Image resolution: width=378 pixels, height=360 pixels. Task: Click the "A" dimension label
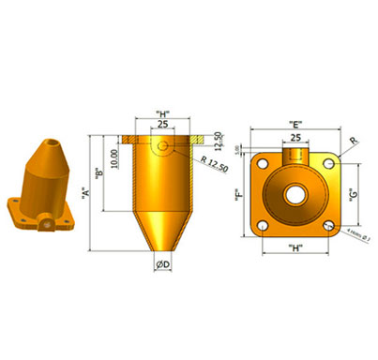point(85,194)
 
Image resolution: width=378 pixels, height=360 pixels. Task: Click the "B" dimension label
point(99,173)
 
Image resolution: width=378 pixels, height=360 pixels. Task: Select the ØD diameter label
point(164,265)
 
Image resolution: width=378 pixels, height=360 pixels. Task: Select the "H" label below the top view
point(295,248)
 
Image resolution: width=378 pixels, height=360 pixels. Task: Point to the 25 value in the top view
point(295,137)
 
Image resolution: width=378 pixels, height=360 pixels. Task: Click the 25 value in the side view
point(162,125)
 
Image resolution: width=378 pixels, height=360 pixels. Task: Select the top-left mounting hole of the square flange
point(264,165)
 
